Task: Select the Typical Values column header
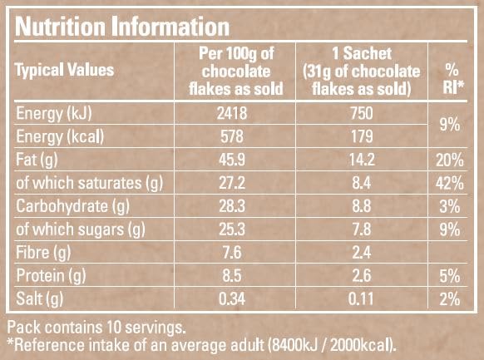[x=65, y=71]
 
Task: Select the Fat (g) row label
[x=41, y=158]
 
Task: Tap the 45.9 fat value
[x=230, y=158]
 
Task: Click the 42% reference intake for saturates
[x=451, y=181]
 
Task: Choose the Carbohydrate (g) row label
[x=75, y=205]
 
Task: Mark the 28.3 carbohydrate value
[x=230, y=205]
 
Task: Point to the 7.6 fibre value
[x=230, y=250]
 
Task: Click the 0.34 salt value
[x=230, y=297]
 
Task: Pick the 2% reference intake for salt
[x=451, y=297]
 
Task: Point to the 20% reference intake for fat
[x=451, y=158]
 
